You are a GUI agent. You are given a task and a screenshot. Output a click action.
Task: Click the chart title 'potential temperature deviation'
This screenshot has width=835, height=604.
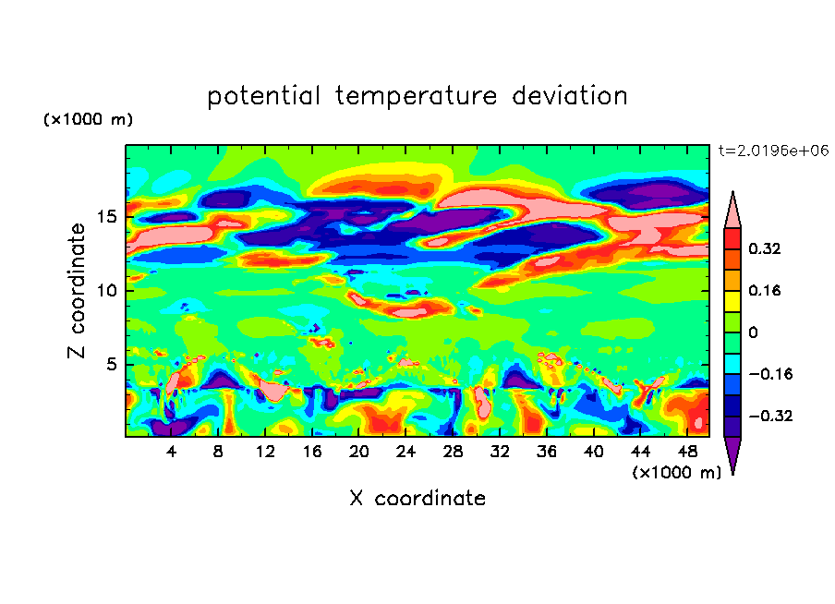[417, 96]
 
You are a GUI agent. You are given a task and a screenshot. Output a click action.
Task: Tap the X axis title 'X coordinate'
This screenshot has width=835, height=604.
[417, 499]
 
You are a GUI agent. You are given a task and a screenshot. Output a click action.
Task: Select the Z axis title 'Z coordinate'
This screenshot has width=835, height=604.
[79, 291]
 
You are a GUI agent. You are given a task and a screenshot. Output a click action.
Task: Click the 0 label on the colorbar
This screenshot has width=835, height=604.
[753, 332]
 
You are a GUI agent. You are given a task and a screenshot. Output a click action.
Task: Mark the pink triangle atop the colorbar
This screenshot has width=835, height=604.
[732, 211]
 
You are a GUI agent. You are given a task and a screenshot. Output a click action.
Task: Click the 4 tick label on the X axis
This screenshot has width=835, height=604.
[172, 452]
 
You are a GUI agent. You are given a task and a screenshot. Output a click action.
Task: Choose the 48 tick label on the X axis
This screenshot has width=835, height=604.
[687, 452]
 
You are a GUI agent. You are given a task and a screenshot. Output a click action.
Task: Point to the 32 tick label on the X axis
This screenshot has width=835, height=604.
[500, 452]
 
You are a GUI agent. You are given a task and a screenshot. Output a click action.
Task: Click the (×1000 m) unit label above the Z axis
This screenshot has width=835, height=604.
[88, 120]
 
